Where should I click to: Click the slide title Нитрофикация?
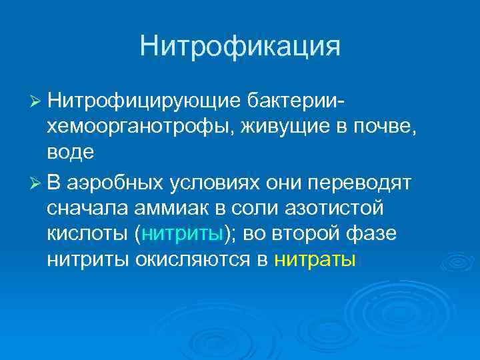click(x=240, y=47)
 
